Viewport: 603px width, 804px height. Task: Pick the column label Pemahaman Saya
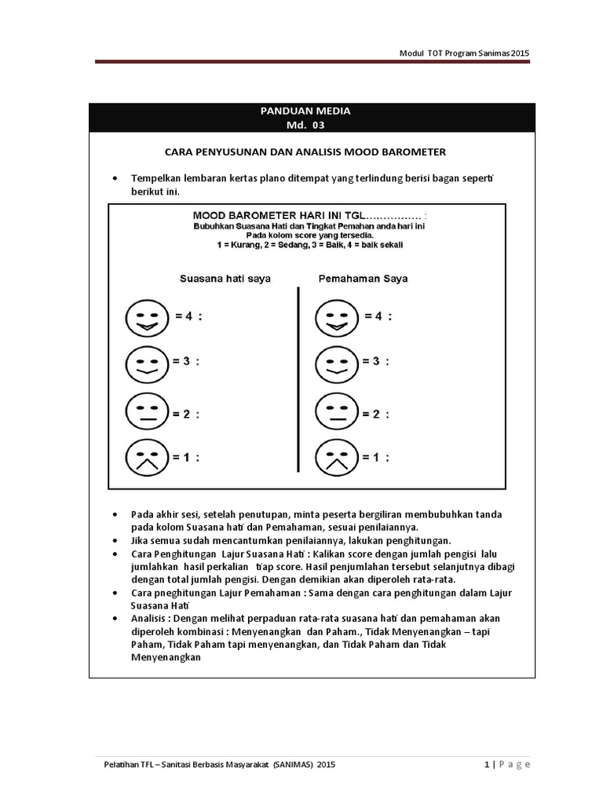click(363, 278)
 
